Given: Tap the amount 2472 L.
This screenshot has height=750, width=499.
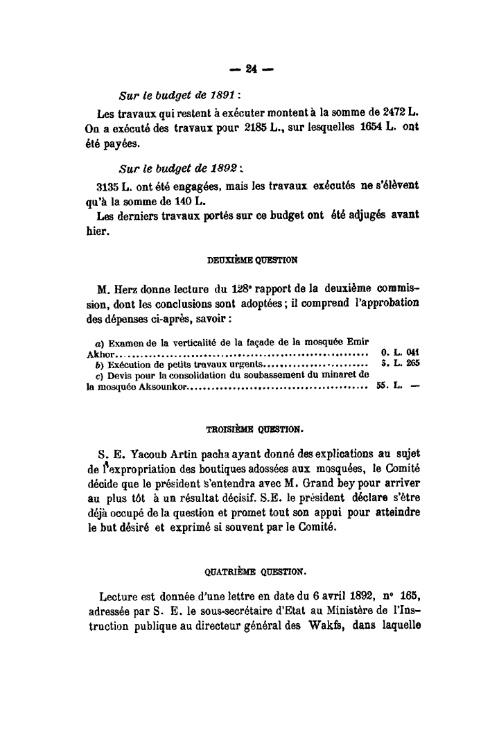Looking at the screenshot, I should pyautogui.click(x=399, y=112).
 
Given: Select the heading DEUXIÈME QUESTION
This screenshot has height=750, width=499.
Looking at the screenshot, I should pyautogui.click(x=252, y=261).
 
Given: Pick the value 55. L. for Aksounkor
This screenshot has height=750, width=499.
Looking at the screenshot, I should pyautogui.click(x=390, y=386).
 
